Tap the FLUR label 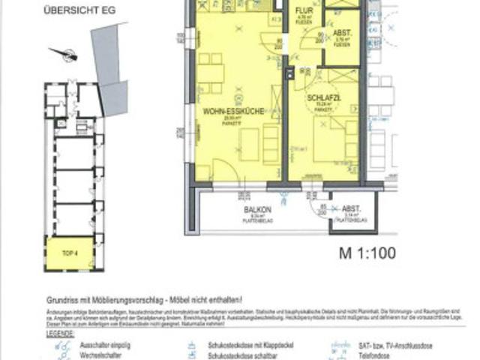point(303,12)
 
